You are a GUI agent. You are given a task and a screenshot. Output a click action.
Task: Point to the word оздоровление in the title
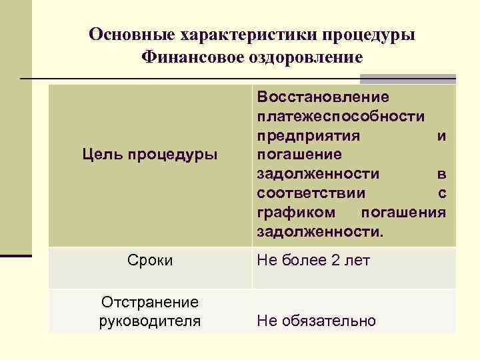(313, 57)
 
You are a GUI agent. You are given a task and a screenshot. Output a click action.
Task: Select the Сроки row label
(150, 260)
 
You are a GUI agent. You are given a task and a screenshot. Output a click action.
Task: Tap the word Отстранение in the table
(150, 303)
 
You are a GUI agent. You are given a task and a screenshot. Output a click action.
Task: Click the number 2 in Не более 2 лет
(335, 260)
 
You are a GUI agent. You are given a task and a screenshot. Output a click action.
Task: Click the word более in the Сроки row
(305, 260)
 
